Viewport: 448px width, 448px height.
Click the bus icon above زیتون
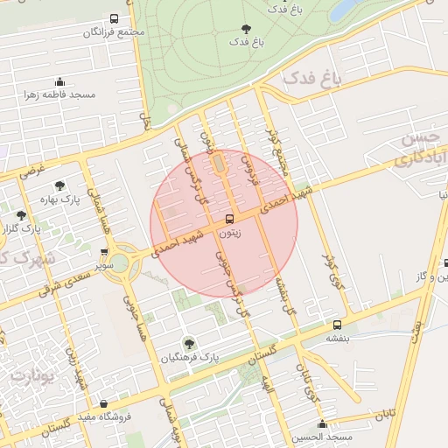[x=230, y=218]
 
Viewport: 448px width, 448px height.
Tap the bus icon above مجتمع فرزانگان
[x=114, y=18]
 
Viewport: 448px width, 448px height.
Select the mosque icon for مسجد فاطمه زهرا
[x=59, y=81]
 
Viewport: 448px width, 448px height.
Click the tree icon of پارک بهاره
[x=59, y=185]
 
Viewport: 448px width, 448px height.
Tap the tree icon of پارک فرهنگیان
[x=189, y=344]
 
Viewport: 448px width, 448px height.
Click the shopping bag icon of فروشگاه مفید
[x=104, y=404]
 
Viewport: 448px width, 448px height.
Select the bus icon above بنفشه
[x=336, y=323]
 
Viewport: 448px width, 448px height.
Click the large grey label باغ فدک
[x=310, y=80]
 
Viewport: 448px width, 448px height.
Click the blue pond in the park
[x=344, y=10]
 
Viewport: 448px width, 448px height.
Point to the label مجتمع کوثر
[x=276, y=143]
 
